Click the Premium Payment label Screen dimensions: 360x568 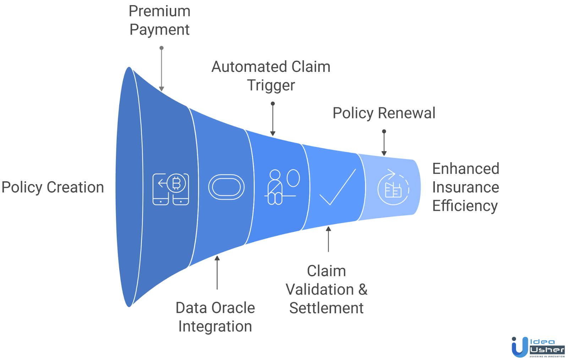[159, 20]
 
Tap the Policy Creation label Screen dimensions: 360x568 [53, 187]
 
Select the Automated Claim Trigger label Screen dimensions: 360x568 [271, 76]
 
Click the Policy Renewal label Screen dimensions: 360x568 [383, 113]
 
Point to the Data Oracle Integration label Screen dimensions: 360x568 [215, 317]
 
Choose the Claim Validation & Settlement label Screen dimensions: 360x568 [326, 289]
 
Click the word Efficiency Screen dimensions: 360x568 [465, 206]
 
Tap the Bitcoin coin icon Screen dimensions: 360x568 [176, 183]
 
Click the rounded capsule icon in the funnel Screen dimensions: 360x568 [226, 187]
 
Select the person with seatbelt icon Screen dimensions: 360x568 [275, 187]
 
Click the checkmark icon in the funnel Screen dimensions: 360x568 [337, 187]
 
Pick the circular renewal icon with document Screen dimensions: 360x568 [393, 187]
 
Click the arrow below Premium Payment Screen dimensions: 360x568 [162, 69]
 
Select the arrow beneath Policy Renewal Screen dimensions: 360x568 [384, 143]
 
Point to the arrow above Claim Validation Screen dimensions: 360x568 [328, 239]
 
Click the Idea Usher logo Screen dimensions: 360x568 [538, 347]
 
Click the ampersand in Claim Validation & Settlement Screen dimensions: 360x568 [363, 289]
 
